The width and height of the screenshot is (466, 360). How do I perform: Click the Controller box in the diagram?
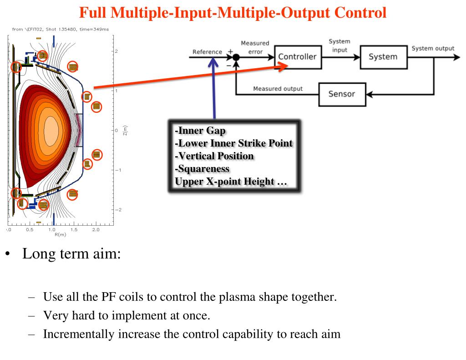[x=297, y=57]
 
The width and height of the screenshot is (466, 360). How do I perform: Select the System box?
[x=383, y=57]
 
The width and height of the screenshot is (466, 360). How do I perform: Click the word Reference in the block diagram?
[x=207, y=52]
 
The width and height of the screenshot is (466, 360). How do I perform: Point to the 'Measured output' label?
[x=278, y=89]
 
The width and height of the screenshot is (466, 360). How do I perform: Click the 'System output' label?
[x=433, y=49]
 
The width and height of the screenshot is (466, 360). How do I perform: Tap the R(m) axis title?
[x=54, y=235]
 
